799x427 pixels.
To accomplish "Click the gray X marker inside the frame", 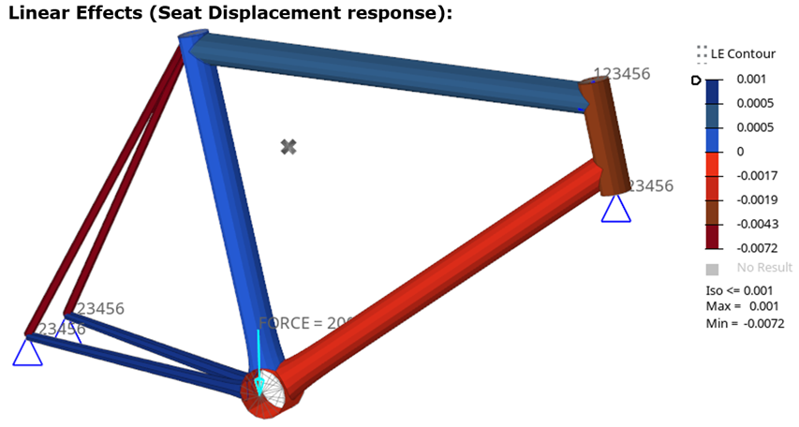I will [289, 146].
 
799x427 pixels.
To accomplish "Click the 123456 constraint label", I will [622, 74].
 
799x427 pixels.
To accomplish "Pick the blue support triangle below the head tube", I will [615, 209].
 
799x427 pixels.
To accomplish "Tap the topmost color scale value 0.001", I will [752, 81].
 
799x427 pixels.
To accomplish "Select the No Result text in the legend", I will [763, 268].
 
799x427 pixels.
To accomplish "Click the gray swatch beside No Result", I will [712, 269].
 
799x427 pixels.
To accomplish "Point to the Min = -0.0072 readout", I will [746, 323].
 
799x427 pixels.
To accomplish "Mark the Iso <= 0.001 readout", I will [741, 291].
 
